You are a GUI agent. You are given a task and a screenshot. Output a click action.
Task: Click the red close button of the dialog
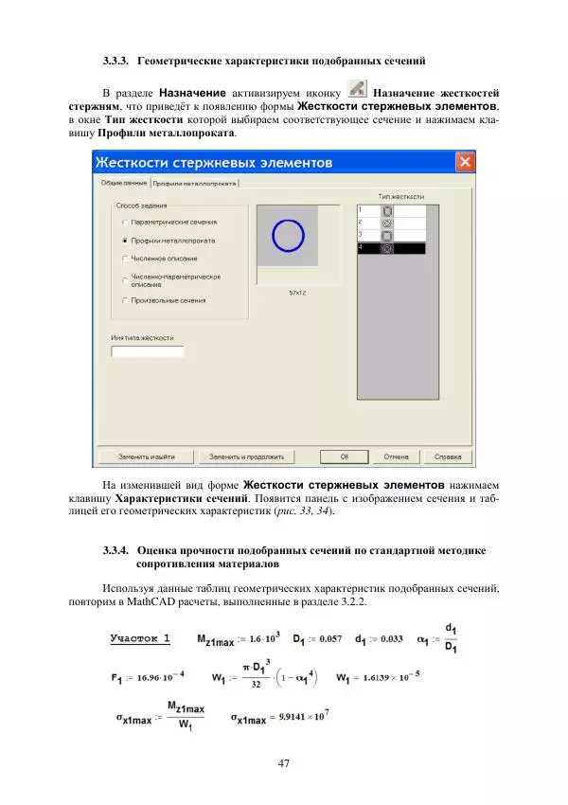point(465,162)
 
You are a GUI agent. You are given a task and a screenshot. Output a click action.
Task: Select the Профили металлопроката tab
point(195,183)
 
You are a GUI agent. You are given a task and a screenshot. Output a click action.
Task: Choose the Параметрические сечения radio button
point(125,222)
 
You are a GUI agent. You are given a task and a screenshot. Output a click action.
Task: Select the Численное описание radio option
point(125,257)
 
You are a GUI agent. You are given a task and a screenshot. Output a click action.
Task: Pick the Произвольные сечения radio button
point(125,300)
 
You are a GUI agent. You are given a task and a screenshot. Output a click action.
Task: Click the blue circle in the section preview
point(288,234)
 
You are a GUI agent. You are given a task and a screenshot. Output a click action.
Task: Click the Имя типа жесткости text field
point(147,351)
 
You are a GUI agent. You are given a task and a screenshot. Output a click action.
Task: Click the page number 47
point(284,763)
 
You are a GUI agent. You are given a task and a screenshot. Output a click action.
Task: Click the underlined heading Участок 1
point(140,637)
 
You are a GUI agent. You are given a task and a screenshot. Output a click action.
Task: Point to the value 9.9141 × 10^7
point(292,719)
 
